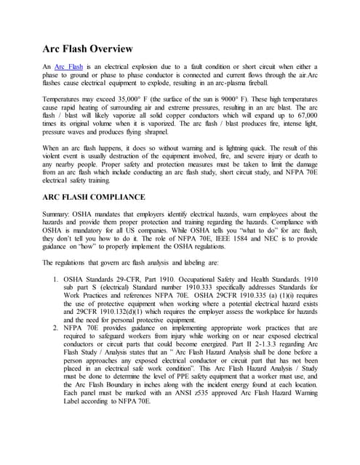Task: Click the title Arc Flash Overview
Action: (x=88, y=49)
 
